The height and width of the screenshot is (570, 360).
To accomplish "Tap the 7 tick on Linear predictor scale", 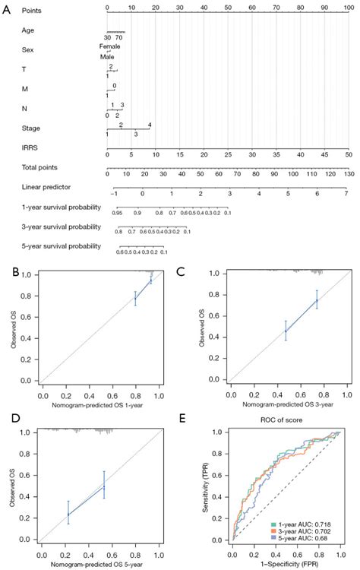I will (x=346, y=194).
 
